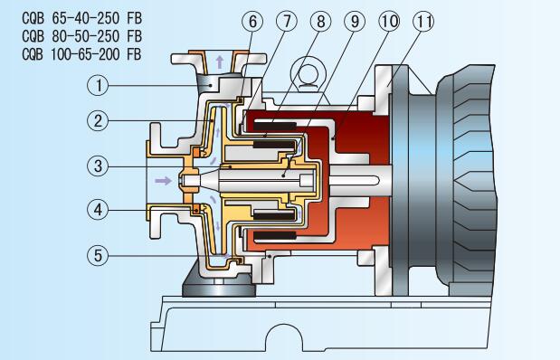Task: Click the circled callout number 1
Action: pyautogui.click(x=98, y=85)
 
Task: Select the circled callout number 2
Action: pyautogui.click(x=98, y=120)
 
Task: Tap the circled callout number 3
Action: pyautogui.click(x=98, y=166)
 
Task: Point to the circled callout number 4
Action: pyautogui.click(x=98, y=210)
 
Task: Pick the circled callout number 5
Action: pyautogui.click(x=98, y=256)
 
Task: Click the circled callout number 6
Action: pyautogui.click(x=252, y=21)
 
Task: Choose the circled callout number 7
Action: pyautogui.click(x=287, y=21)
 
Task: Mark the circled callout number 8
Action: pyautogui.click(x=320, y=21)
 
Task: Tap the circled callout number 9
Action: pyautogui.click(x=355, y=21)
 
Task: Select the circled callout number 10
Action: pyautogui.click(x=389, y=21)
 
